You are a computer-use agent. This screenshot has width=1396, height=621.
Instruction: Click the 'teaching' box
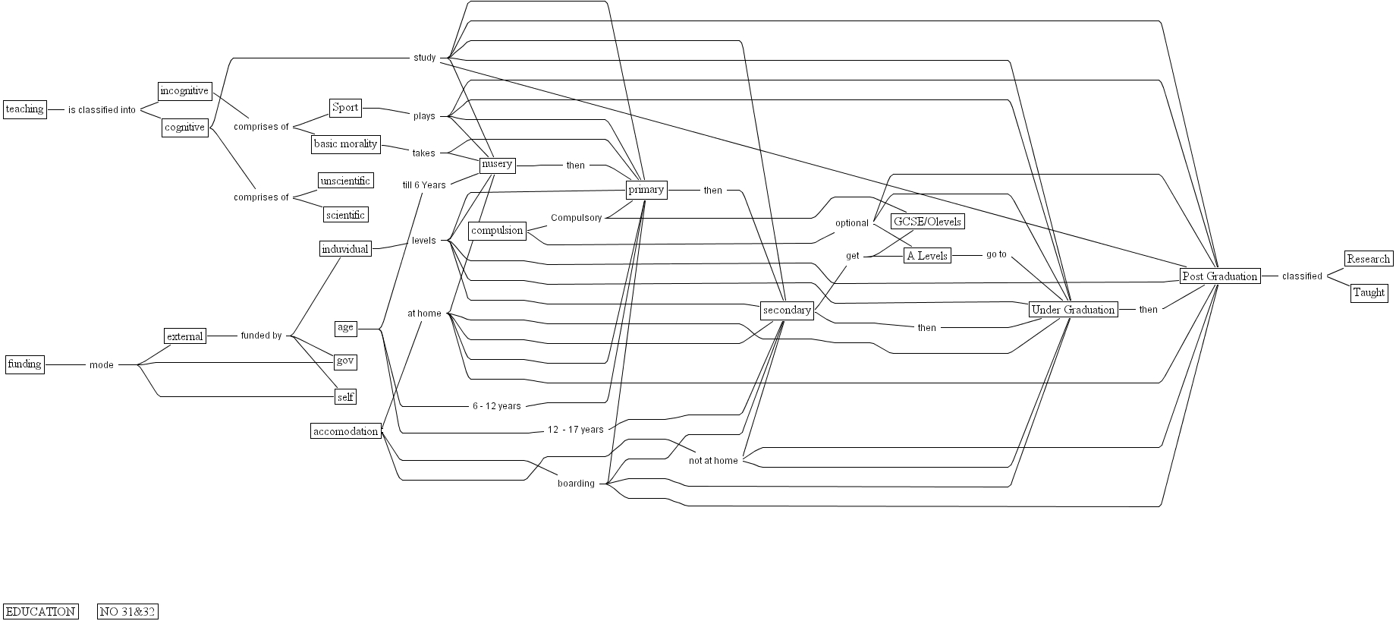(24, 109)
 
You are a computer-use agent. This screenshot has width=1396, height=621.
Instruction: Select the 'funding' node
(24, 364)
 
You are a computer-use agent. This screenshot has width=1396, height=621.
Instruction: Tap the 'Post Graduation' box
(1220, 276)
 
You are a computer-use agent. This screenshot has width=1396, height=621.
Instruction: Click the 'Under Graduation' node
(1073, 310)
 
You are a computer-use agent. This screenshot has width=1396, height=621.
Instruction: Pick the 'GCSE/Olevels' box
(927, 222)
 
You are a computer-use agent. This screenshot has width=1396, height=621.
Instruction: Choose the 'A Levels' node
(927, 256)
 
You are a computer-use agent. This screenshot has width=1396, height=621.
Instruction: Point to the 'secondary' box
(787, 310)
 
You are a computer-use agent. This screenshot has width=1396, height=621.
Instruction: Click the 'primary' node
(646, 190)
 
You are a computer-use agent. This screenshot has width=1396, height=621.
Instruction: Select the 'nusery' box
(497, 164)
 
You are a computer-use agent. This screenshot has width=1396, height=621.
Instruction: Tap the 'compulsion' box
(497, 231)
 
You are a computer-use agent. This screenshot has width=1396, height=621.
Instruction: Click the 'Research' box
(1369, 259)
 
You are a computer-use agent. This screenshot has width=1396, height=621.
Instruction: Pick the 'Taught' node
(1369, 292)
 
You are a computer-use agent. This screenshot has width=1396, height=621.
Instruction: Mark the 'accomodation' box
(345, 431)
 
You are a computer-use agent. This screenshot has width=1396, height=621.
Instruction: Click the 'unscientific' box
(345, 181)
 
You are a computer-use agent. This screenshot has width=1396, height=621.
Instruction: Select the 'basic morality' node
(345, 143)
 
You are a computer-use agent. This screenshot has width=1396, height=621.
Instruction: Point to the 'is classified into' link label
(102, 110)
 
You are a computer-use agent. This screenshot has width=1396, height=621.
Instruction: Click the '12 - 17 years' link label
(575, 430)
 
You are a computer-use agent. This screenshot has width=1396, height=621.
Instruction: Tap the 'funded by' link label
(261, 336)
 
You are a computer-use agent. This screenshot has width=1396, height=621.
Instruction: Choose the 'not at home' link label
(713, 461)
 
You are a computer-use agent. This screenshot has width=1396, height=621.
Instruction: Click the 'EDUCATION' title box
(41, 612)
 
